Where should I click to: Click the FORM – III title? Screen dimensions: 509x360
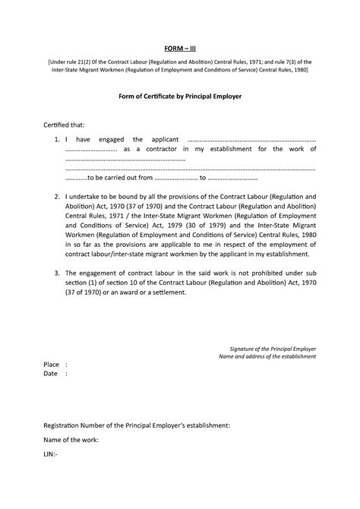tap(179, 47)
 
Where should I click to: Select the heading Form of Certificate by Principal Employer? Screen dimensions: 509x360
tap(179, 96)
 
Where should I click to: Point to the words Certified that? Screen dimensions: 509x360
tap(64, 124)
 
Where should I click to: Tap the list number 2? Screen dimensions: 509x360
tap(56, 196)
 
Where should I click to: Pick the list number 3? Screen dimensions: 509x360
tap(56, 273)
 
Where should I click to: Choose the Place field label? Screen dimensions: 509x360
tap(52, 365)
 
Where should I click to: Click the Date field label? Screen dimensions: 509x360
tap(51, 374)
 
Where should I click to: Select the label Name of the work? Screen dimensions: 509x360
tap(71, 440)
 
